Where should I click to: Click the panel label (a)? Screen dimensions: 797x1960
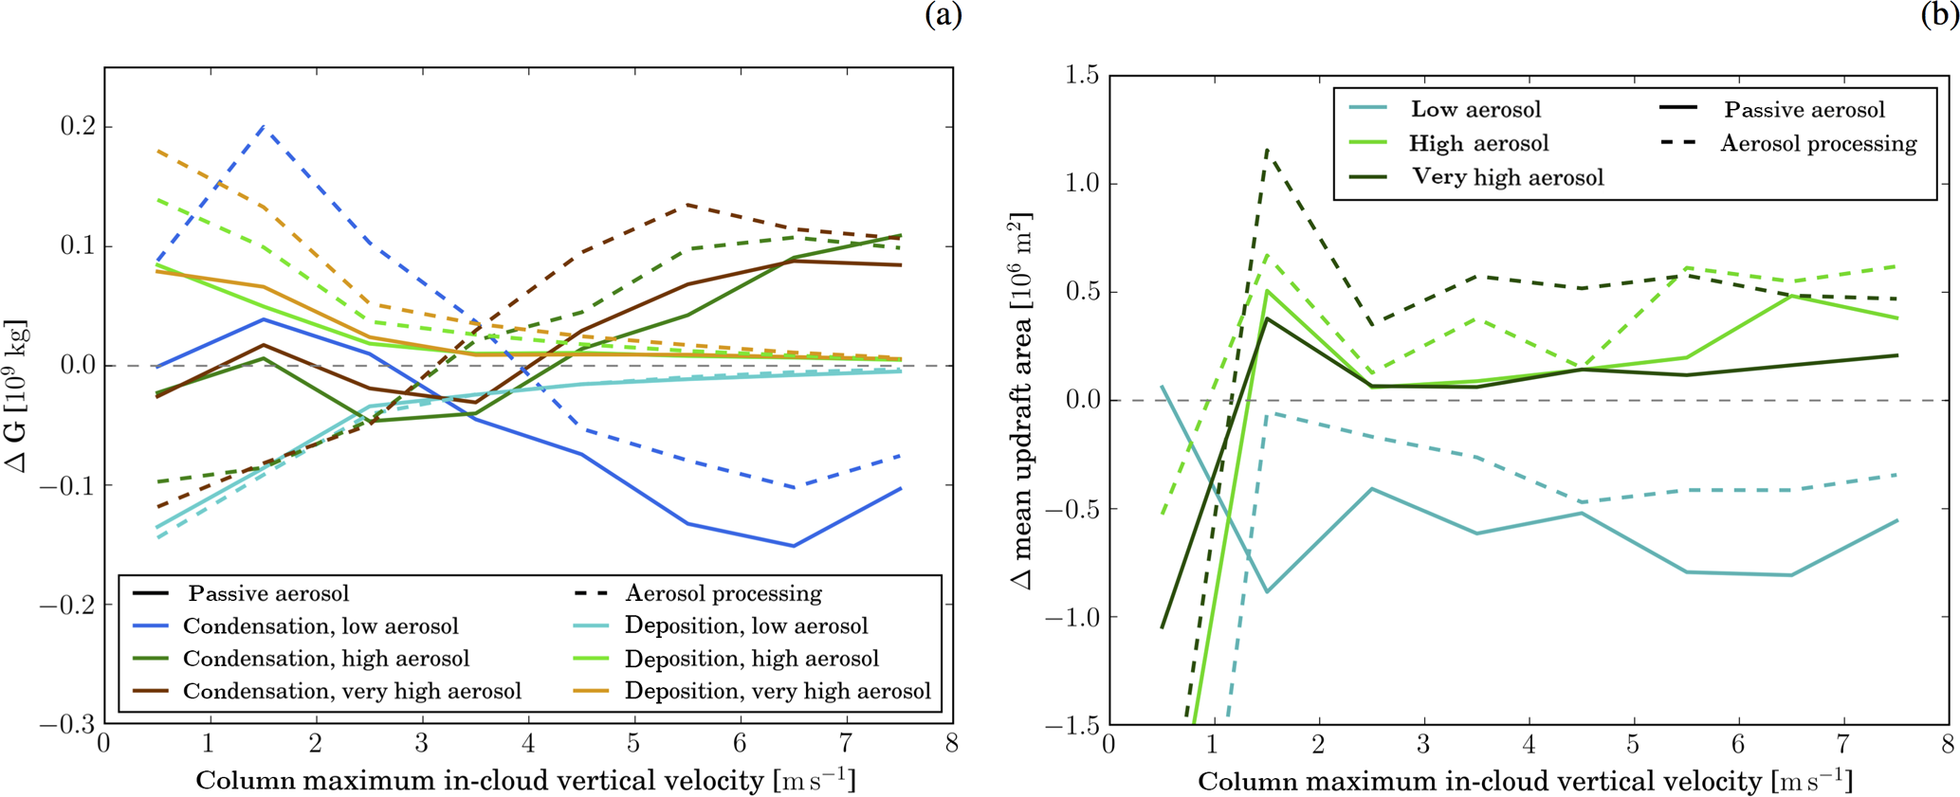click(x=943, y=15)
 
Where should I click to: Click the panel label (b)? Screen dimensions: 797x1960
click(x=1939, y=15)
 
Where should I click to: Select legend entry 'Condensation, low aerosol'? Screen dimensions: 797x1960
click(x=321, y=626)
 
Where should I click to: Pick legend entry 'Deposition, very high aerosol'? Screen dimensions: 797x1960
click(x=778, y=692)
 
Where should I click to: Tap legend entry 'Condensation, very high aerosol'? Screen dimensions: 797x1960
click(x=352, y=692)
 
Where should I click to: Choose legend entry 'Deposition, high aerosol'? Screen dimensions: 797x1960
click(x=751, y=659)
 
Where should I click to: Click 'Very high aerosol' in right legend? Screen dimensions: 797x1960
click(x=1508, y=177)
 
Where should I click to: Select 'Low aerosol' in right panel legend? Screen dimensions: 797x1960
click(x=1475, y=110)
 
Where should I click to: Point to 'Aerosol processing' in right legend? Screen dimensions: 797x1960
click(x=1818, y=144)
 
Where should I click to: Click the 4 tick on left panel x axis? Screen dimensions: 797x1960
click(x=527, y=744)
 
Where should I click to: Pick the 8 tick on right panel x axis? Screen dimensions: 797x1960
click(x=1947, y=744)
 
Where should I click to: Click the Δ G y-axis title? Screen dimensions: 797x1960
click(x=17, y=396)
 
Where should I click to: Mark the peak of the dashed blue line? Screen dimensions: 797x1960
click(x=263, y=126)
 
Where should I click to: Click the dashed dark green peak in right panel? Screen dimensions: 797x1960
click(x=1267, y=149)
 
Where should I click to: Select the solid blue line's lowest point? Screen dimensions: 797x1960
click(x=794, y=546)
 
